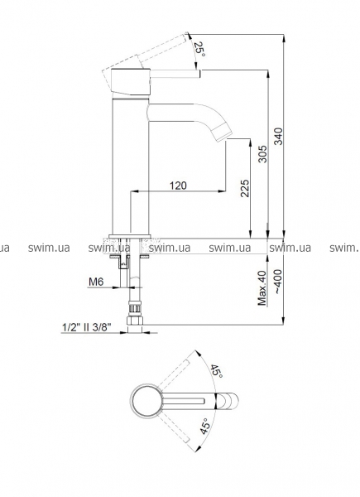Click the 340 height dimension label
point(278,136)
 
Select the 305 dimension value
point(262,154)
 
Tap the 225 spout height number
point(245,188)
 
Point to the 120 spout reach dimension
point(178,186)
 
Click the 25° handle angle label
point(199,49)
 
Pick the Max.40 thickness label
point(262,287)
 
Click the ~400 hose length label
point(278,282)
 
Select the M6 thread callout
point(96,282)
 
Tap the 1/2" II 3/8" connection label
point(87,327)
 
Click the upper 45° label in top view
point(218,370)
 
